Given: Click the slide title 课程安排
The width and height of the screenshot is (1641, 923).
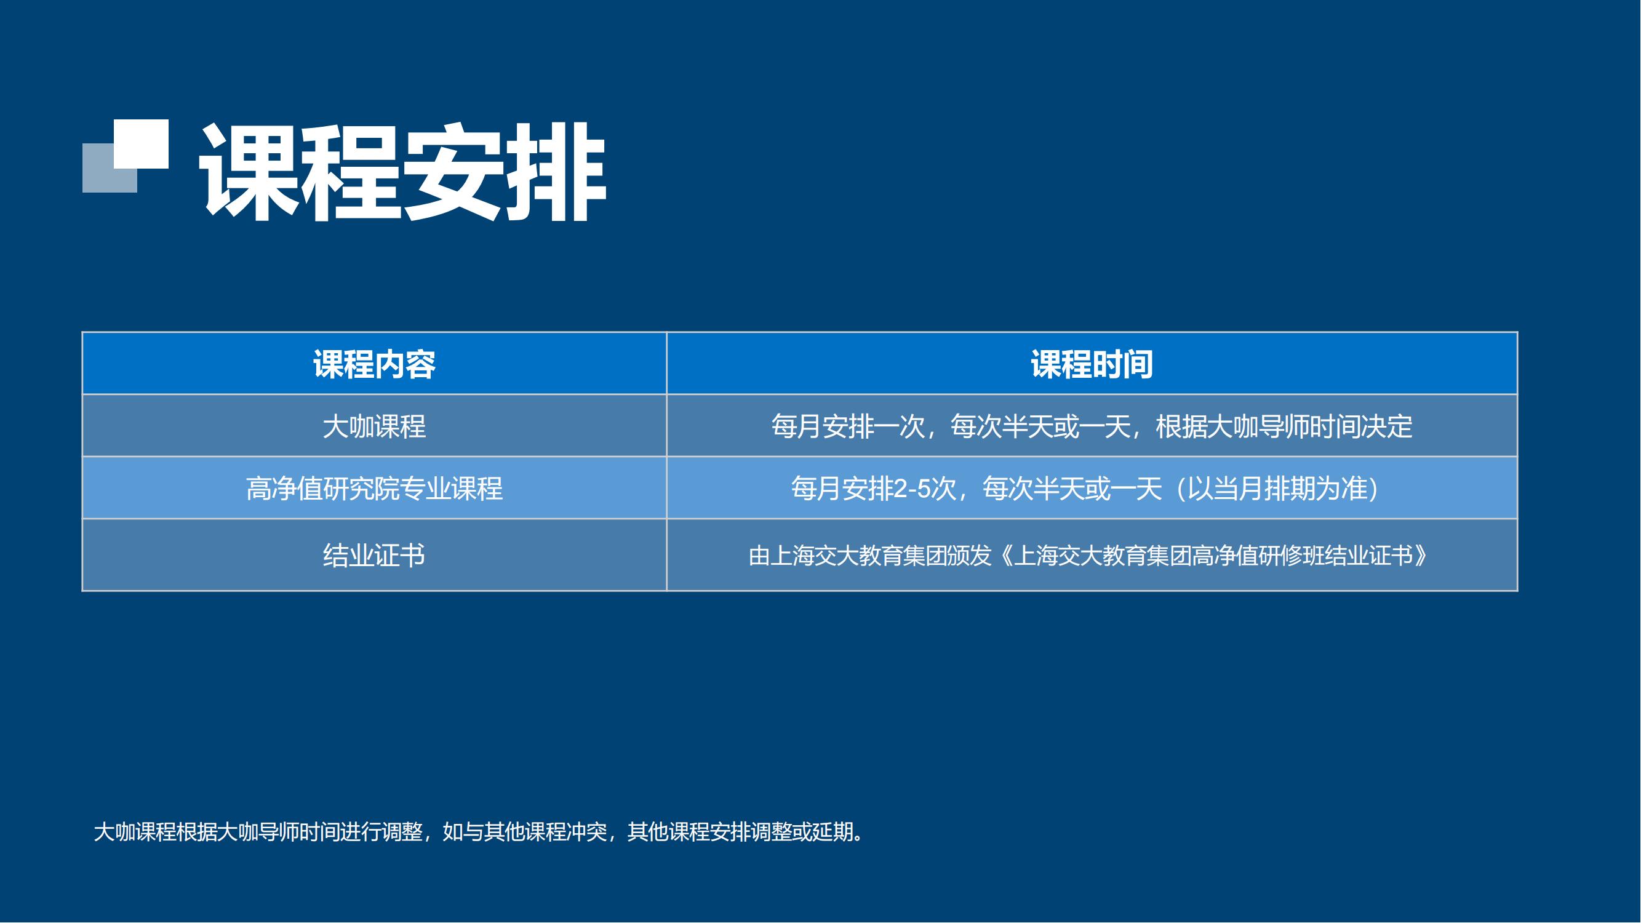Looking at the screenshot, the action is click(x=402, y=172).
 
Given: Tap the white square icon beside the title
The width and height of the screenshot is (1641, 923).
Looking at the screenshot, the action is click(x=141, y=143).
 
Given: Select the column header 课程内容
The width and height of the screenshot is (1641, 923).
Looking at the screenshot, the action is click(x=375, y=364).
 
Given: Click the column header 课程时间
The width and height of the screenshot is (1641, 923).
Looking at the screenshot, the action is click(x=1092, y=364).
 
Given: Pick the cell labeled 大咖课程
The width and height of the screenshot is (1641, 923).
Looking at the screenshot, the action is click(x=375, y=426).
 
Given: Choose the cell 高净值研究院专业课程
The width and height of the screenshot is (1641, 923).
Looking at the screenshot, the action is click(x=375, y=489).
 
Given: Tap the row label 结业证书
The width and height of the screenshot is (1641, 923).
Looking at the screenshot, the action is click(x=375, y=556).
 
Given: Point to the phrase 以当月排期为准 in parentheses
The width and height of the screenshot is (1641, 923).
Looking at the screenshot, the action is click(x=1278, y=489).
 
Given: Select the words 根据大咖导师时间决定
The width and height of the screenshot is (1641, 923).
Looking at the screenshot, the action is click(x=1284, y=426).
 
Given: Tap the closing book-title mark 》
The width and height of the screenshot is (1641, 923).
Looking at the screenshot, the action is click(x=1421, y=556).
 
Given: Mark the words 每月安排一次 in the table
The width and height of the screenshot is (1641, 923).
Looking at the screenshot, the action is click(x=848, y=426).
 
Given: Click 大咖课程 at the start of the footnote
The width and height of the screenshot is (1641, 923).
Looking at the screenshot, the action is click(x=134, y=832).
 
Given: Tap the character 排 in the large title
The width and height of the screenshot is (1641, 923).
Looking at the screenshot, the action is click(x=556, y=172).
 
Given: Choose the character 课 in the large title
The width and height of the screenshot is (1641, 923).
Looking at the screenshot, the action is click(x=250, y=172).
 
